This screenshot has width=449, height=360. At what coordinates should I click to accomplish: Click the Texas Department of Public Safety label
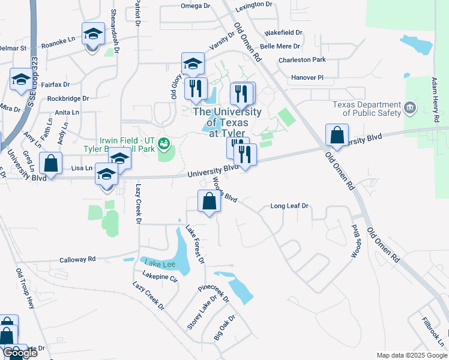367,108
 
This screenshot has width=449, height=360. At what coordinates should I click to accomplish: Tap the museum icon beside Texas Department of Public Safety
410,109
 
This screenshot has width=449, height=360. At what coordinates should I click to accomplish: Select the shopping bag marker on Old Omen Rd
337,136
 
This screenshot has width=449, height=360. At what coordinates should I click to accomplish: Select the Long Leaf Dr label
289,206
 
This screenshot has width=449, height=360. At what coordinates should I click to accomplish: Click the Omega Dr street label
196,6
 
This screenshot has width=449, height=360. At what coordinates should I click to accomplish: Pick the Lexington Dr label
254,4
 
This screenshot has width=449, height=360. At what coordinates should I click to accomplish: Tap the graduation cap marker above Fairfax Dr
21,79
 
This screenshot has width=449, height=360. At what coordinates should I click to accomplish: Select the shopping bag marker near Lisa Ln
52,163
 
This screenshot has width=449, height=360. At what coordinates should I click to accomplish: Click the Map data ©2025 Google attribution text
411,355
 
